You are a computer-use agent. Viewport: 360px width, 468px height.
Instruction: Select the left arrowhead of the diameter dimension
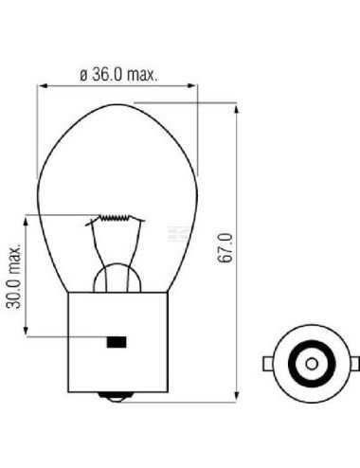(x=42, y=87)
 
